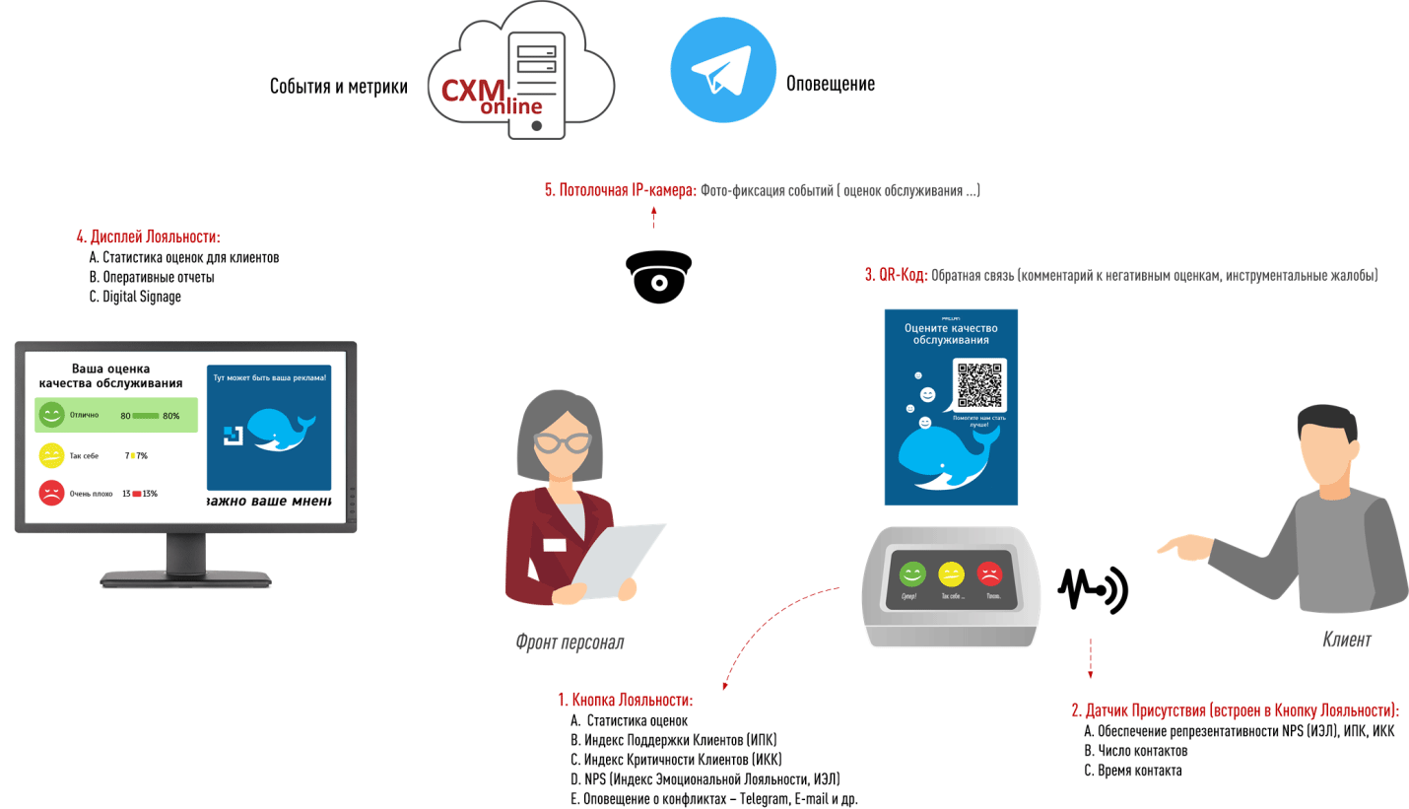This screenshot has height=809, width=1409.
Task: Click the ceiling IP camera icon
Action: coord(658,275)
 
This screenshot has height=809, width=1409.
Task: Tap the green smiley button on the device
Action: coord(913,573)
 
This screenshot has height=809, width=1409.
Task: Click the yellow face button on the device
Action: coord(951,573)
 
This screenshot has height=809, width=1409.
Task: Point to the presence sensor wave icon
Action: coord(1094,589)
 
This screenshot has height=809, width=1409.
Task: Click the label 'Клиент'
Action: coord(1345,640)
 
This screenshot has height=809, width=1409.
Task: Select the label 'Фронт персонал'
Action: coord(569,642)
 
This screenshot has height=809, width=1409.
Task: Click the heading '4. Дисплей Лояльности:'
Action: coord(148,237)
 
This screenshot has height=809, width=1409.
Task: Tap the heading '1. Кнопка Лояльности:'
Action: coord(626,701)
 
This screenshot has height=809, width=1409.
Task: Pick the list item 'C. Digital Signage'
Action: coord(135,297)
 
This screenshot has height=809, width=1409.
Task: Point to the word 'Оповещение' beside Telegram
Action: coord(830,84)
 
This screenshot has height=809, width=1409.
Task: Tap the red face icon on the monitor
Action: coord(51,493)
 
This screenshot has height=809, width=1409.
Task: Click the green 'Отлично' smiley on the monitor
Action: coord(51,415)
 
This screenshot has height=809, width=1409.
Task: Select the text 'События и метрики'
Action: coord(339,86)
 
